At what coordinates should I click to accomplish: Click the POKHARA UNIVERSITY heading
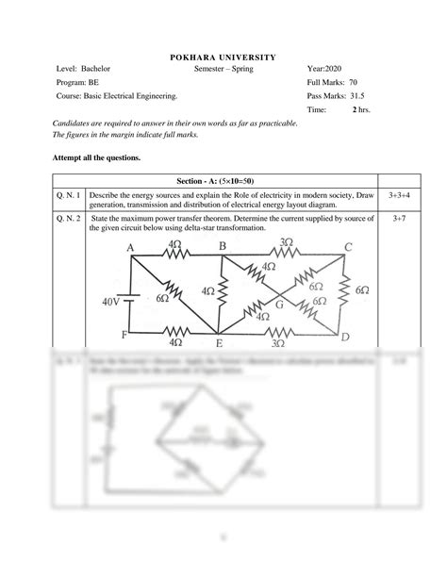[223, 58]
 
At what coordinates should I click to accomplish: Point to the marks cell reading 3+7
[398, 219]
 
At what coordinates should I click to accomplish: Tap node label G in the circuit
[279, 305]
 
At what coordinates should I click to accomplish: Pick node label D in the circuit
[345, 337]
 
